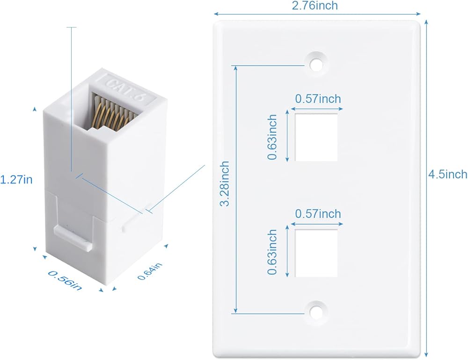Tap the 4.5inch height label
point(447,174)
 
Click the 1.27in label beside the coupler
point(16,179)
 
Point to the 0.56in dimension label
point(65,279)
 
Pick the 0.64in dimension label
point(149,271)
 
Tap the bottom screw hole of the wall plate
point(316,309)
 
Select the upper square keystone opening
point(316,136)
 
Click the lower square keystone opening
point(316,251)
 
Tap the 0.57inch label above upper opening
point(318,99)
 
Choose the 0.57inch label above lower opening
point(318,214)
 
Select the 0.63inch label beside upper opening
point(272,137)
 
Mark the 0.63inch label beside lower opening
point(272,251)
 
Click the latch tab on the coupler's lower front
point(73,234)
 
